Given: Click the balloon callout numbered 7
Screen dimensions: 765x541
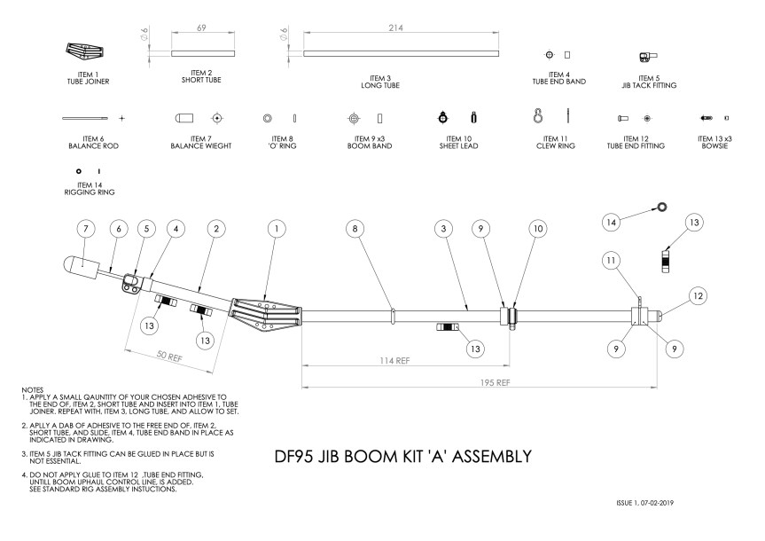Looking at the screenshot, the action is coord(86,229).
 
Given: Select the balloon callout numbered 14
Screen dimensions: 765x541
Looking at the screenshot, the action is coord(612,223).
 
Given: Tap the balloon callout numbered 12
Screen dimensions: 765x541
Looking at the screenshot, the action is coord(699,296).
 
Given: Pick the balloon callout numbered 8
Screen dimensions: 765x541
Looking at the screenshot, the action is coord(355,229).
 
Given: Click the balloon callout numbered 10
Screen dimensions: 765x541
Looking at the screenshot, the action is coord(538,229).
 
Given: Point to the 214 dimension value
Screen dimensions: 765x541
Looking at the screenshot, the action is coord(395,27).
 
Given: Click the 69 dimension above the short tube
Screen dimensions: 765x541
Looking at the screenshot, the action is coord(201,27).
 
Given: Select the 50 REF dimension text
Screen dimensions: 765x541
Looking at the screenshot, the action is coord(169,357).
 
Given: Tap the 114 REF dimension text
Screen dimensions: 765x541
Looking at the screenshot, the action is coord(394,361).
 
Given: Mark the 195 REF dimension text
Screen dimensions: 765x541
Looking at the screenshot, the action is coord(496,383).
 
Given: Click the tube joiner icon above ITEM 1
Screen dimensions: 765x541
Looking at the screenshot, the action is coord(85,51).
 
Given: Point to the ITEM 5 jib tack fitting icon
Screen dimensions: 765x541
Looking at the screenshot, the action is coord(648,57).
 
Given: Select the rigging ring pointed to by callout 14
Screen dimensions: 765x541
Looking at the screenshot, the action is coord(661,207).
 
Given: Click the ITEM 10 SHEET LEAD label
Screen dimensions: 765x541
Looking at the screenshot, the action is coord(458,143).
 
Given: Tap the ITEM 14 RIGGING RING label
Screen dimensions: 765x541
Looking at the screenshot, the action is coord(90,189).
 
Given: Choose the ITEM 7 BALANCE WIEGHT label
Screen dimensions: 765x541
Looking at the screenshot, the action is coord(201,143).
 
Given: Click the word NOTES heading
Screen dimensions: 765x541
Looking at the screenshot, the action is coord(32,390).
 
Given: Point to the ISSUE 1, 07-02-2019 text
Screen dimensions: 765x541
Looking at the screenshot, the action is coord(645,503).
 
